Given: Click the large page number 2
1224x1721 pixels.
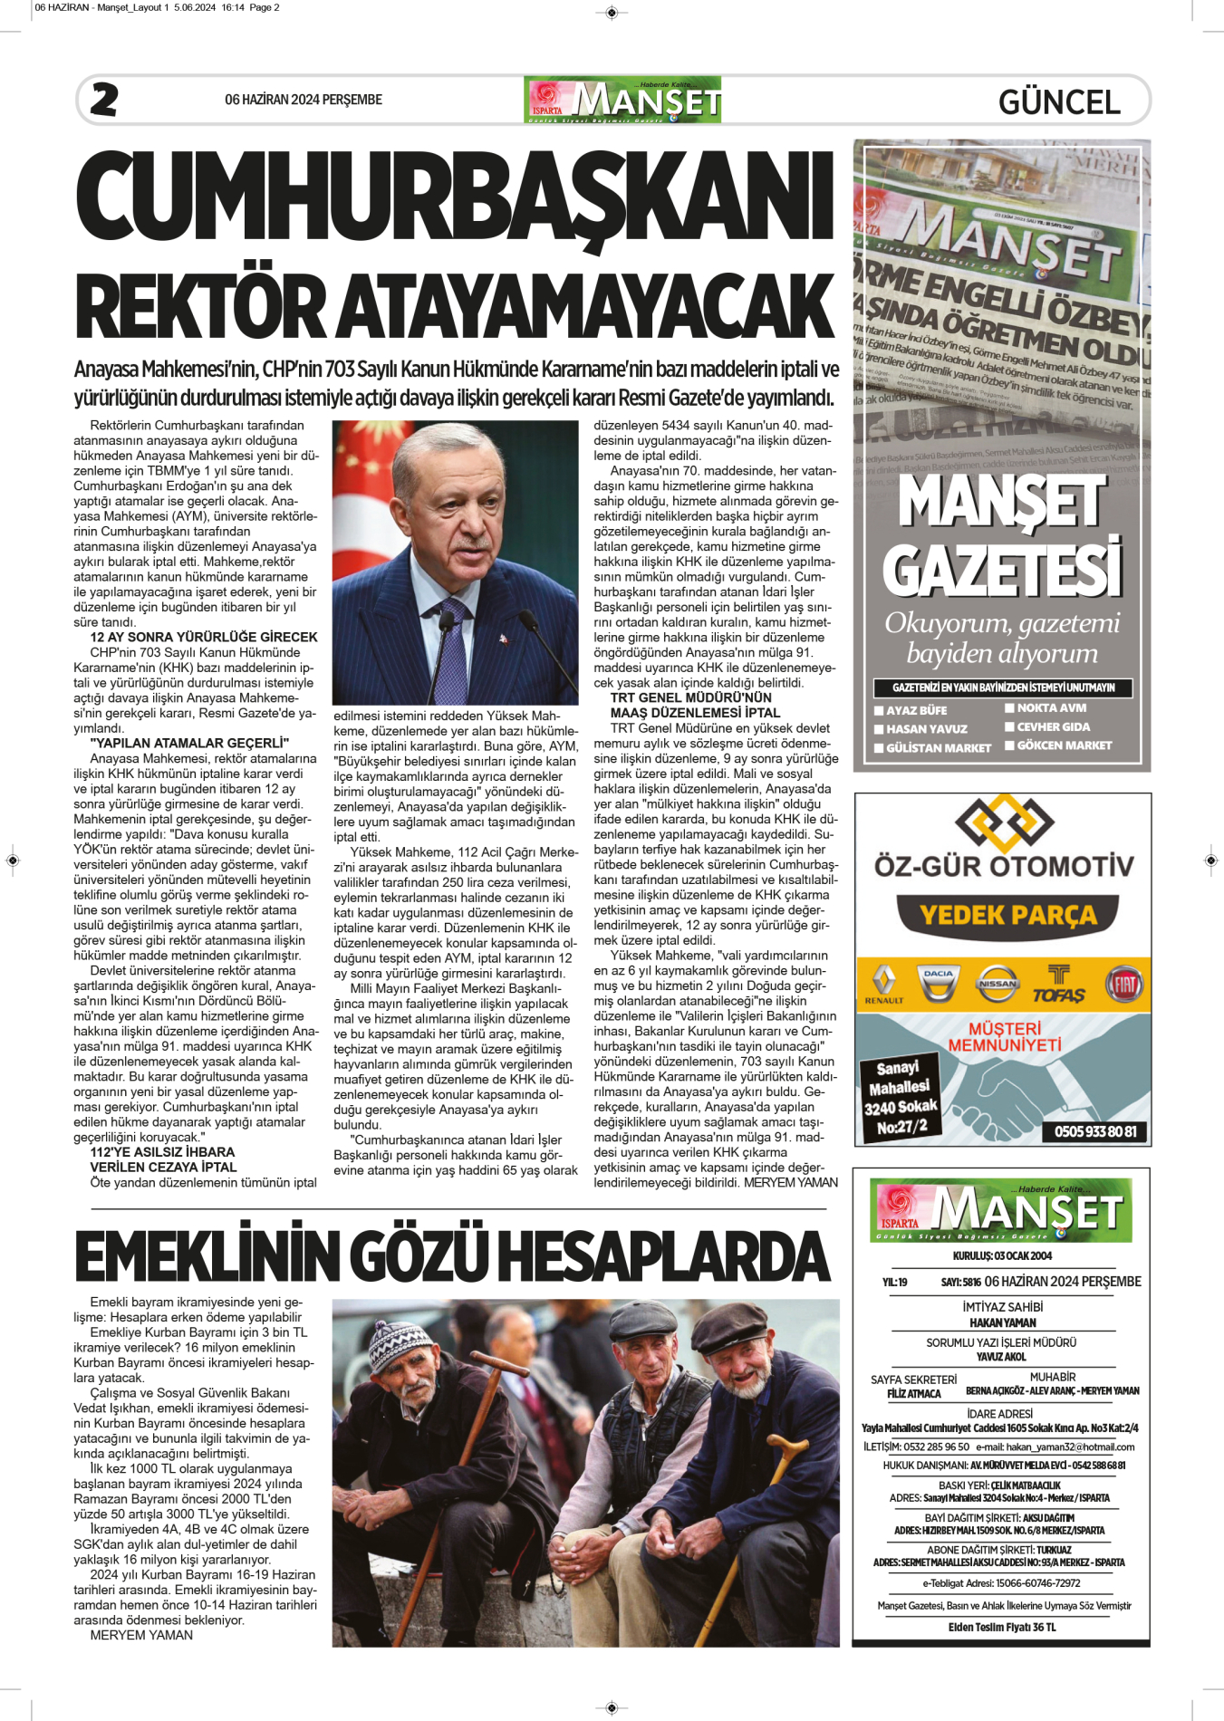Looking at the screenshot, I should [x=104, y=100].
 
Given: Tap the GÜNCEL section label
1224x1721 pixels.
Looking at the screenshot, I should [x=1059, y=101].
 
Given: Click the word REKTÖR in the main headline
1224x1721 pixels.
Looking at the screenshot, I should [x=200, y=305].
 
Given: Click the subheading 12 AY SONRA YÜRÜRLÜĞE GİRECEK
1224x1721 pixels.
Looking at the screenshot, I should [x=204, y=637].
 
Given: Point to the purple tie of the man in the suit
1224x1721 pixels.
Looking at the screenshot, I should [x=450, y=644].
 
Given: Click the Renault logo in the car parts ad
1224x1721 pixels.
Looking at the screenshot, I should [x=883, y=985].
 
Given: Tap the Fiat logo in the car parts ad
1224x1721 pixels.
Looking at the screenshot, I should [x=1124, y=985].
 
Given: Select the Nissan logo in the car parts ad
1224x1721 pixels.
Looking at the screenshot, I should [x=998, y=984].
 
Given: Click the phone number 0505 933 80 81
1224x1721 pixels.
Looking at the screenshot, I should [x=1094, y=1131].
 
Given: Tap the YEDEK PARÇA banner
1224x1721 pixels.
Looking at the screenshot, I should [x=1007, y=915].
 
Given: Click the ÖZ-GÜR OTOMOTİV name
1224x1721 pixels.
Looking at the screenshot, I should [x=1003, y=866].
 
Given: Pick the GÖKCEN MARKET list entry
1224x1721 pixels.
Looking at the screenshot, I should [x=1064, y=745].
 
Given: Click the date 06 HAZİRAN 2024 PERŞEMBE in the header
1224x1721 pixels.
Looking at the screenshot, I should [x=304, y=100].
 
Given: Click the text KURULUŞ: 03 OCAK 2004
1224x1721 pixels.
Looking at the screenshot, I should [x=1002, y=1255].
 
